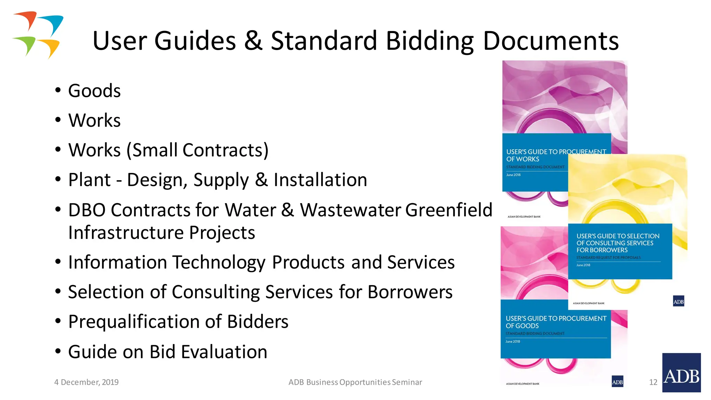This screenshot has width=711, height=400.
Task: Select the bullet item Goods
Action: click(94, 91)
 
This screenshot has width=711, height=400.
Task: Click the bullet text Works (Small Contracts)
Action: click(168, 150)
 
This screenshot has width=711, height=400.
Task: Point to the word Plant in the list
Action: click(89, 180)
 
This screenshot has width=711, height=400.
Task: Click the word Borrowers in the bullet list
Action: click(410, 292)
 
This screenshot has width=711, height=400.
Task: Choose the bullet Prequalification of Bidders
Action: click(178, 322)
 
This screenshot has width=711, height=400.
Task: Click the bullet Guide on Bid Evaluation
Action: click(168, 352)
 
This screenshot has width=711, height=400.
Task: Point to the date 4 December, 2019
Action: click(86, 382)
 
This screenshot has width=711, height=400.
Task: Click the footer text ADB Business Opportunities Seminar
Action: click(355, 382)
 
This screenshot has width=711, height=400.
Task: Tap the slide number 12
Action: click(653, 382)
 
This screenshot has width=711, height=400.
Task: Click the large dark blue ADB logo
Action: click(681, 373)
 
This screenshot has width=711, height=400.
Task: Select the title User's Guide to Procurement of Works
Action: click(555, 155)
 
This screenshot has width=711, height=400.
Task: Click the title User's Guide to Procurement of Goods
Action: click(555, 322)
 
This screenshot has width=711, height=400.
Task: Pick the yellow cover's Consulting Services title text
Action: click(618, 243)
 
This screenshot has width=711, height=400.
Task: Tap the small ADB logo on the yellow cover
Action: click(678, 301)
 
